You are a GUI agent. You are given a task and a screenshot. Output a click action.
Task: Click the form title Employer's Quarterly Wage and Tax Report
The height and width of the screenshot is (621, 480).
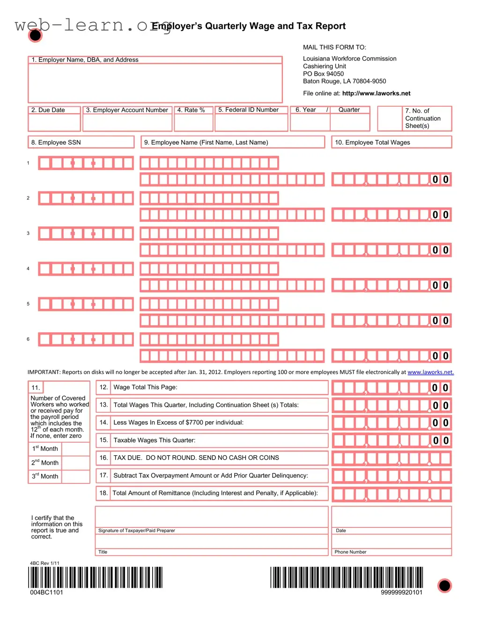pos(249,26)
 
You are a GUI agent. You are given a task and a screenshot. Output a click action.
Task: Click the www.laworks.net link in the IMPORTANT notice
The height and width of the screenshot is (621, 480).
pos(430,373)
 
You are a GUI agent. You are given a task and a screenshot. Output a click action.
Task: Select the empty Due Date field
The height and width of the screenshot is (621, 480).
pos(54,123)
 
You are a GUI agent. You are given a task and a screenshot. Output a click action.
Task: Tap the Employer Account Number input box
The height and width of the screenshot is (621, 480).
pos(127,123)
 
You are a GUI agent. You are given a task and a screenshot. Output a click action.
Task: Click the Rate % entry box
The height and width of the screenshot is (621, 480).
pos(193,123)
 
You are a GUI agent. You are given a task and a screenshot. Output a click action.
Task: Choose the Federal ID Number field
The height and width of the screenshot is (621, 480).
pos(251,123)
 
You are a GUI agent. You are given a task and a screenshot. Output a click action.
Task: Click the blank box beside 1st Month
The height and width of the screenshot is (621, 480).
pos(75,449)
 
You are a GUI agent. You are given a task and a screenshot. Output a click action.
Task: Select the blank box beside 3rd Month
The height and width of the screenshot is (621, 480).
pos(75,476)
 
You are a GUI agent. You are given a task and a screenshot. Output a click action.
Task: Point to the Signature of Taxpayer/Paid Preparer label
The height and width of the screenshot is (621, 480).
pos(137,531)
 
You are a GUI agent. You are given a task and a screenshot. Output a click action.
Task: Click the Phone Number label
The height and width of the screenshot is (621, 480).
pos(350,552)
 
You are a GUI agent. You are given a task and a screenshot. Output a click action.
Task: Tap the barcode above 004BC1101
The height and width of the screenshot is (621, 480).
pos(96,577)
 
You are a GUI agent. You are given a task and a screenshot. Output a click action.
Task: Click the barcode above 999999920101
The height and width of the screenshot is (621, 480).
pos(347,577)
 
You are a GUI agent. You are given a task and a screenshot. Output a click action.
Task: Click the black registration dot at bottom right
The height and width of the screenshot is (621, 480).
pos(444,585)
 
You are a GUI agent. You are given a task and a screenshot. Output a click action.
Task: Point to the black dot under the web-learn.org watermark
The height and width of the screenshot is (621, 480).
pos(35,35)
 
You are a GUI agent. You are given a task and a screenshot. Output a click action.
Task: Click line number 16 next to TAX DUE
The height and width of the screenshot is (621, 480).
pos(103,458)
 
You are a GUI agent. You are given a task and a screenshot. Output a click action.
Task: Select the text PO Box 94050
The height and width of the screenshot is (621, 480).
pos(323,74)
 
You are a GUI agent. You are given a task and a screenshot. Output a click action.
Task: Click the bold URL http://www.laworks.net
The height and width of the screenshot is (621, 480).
pos(376,94)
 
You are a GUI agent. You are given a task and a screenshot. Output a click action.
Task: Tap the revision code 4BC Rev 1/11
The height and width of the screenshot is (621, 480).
pos(44,563)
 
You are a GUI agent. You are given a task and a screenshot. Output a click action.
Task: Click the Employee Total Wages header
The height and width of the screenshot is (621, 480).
pos(372,143)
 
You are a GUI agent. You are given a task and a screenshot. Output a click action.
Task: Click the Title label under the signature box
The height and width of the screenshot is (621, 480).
pos(103,552)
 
